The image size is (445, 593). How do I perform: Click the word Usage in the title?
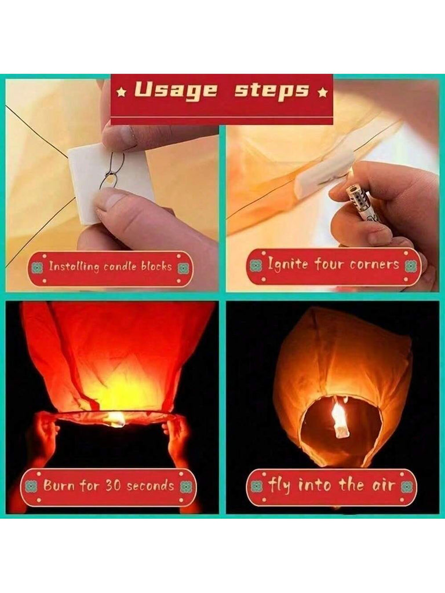176,91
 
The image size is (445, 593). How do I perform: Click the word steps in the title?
272,91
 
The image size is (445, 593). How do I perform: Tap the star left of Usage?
122,92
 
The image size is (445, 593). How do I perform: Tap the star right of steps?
322,92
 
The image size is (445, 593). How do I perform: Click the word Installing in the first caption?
74,266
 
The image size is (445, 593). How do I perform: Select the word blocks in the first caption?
156,266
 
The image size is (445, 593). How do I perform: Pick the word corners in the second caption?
374,264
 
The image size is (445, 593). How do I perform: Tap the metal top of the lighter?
358,197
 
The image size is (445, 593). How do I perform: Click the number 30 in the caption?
113,485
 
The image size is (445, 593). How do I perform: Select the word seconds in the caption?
150,486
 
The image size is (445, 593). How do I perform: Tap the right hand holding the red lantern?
177,439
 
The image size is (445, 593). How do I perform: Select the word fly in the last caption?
279,485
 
